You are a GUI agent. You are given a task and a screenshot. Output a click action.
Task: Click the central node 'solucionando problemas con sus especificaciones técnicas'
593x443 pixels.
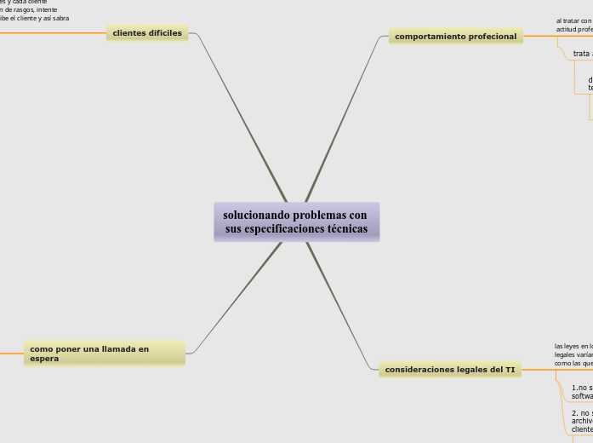tap(296, 222)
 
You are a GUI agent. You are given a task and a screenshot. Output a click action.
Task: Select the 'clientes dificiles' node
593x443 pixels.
tap(147, 33)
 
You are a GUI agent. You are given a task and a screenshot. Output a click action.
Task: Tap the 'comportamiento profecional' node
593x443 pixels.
tap(455, 37)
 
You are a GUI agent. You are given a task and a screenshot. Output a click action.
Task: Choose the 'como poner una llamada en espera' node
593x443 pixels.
tap(104, 354)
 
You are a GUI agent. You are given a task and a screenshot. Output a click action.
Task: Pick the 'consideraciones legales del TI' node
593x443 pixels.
tap(450, 370)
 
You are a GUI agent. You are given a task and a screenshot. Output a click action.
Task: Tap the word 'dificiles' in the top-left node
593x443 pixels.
tap(164, 33)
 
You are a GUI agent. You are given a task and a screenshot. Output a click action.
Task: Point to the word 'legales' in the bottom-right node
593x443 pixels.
tap(482, 370)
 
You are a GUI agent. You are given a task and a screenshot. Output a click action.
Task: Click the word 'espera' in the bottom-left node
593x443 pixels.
tap(44, 359)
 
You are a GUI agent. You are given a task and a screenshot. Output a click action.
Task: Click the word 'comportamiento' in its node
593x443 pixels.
tap(430, 37)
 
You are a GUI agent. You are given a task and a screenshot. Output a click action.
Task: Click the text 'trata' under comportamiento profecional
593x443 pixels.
tap(582, 55)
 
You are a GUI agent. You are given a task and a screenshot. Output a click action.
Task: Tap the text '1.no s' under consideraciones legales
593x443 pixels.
tap(582, 388)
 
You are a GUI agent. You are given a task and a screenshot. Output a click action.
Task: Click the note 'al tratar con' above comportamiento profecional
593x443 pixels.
tap(573, 20)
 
